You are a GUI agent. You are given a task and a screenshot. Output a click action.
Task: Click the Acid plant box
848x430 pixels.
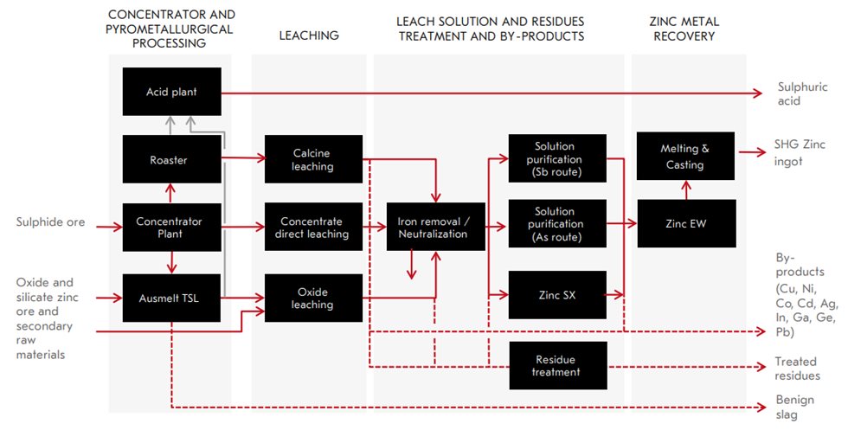(171, 92)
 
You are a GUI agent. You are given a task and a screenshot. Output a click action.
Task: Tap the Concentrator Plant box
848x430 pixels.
(171, 228)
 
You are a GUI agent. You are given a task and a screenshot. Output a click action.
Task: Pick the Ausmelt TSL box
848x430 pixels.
(171, 298)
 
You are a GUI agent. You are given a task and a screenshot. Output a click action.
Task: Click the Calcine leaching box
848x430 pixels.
(312, 159)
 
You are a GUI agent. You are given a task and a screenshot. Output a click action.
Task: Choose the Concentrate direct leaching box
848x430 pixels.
(312, 228)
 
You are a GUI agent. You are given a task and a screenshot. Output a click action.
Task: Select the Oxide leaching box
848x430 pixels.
(312, 298)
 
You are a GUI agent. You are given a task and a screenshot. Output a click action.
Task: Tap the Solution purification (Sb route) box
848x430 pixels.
(554, 159)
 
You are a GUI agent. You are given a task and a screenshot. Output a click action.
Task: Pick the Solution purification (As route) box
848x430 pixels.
(554, 223)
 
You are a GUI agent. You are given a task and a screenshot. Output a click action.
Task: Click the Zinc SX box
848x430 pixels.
(554, 295)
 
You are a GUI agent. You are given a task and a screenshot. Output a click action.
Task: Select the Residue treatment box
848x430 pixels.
(554, 365)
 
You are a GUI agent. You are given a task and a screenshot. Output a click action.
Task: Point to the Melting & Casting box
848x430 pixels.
(684, 157)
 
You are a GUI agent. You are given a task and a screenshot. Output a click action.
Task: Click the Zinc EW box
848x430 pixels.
(684, 223)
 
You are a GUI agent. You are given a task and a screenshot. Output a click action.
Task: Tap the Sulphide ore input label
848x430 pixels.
(50, 222)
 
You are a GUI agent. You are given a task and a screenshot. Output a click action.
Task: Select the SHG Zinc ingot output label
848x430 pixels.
(789, 154)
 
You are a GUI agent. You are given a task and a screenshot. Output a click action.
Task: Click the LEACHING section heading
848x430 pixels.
(309, 35)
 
